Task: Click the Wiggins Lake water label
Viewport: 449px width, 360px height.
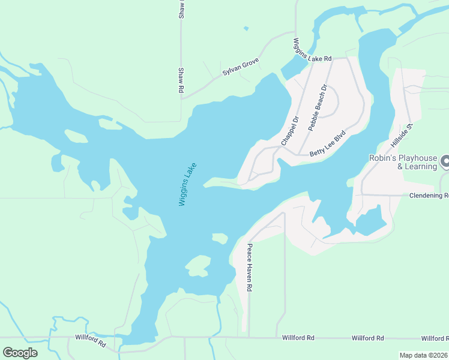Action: coord(188,184)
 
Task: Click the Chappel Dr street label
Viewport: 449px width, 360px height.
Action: coord(289,131)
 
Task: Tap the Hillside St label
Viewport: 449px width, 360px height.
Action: coord(402,136)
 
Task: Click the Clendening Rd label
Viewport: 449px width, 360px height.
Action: coord(429,196)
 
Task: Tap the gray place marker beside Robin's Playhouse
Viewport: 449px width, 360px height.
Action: coord(445,161)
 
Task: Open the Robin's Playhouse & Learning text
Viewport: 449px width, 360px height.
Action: coord(402,162)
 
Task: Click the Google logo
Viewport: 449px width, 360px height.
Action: coord(20,353)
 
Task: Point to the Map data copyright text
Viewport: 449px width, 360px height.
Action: coord(423,355)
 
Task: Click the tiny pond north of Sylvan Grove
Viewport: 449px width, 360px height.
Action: coord(246,28)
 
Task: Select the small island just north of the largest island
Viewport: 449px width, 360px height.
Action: coord(220,239)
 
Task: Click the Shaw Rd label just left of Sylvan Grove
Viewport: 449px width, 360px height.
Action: coord(179,80)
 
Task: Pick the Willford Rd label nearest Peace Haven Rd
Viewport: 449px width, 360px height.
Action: coord(298,338)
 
